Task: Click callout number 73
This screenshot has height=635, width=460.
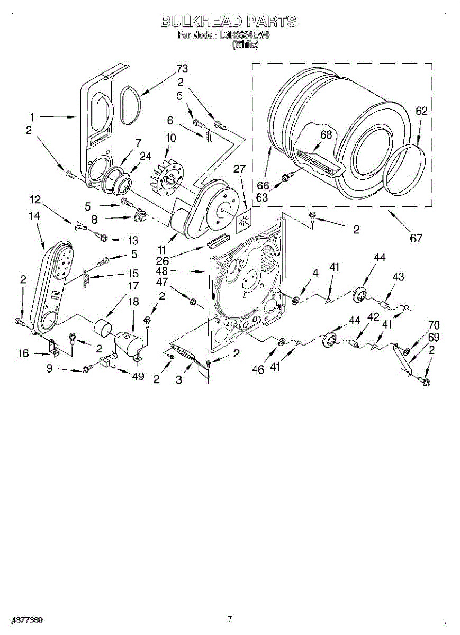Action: (x=182, y=69)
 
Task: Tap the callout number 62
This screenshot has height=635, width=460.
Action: (x=421, y=111)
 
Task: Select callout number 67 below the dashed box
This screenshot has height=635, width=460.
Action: (x=417, y=238)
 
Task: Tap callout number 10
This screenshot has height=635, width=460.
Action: (x=170, y=138)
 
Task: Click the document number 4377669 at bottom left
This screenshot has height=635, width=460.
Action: (x=25, y=619)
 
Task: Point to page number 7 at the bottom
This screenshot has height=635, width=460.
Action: (x=229, y=618)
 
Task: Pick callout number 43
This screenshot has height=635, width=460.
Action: (x=398, y=277)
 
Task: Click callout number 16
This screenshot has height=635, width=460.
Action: (x=24, y=353)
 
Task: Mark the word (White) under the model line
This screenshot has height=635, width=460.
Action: (x=246, y=45)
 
